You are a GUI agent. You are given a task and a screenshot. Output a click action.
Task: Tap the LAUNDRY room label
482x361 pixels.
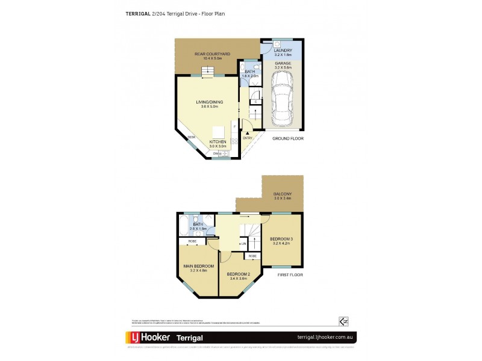[283, 50]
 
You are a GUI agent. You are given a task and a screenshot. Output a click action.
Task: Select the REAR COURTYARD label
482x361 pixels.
[208, 54]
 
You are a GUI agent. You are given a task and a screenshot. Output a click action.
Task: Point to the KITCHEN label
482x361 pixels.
[218, 142]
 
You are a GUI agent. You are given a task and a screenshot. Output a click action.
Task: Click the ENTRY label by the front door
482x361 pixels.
[248, 138]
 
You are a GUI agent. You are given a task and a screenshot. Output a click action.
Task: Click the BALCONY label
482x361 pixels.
[283, 194]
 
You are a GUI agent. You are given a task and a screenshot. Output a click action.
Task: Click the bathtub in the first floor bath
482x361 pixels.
[183, 226]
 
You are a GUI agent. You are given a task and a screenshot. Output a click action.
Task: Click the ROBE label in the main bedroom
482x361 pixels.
[193, 241]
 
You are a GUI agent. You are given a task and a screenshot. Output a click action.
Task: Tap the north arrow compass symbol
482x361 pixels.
[344, 321]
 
